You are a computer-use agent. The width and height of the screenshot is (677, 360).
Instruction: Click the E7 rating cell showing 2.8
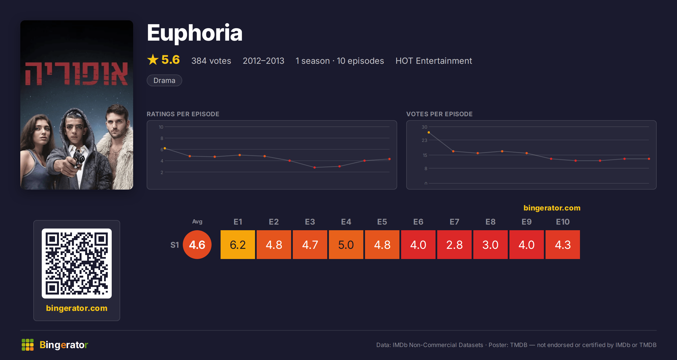click(454, 245)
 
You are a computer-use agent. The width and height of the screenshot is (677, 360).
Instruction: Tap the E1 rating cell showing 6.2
click(238, 245)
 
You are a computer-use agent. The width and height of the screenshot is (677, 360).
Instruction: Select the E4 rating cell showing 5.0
click(346, 245)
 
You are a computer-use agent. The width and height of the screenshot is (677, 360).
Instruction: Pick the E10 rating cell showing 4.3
click(563, 245)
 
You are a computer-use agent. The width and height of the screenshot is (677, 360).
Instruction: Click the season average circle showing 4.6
click(197, 245)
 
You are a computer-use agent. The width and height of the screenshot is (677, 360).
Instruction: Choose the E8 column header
click(491, 222)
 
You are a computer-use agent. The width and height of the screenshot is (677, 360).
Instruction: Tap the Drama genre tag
click(164, 80)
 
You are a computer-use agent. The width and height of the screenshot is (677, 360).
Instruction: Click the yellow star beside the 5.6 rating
click(153, 60)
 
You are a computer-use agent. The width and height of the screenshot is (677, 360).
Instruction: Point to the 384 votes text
click(211, 61)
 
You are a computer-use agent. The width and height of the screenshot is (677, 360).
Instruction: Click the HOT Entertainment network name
click(434, 61)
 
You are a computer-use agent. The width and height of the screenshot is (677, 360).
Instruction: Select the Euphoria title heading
click(195, 33)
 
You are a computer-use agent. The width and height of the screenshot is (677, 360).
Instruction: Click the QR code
click(77, 264)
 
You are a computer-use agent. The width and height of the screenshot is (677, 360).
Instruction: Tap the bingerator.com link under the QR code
click(77, 308)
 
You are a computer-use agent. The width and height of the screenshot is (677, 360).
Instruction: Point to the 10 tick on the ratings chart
click(161, 127)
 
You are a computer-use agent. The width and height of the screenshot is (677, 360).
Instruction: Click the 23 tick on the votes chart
click(425, 140)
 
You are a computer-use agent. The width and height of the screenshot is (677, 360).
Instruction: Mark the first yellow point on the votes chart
click(429, 132)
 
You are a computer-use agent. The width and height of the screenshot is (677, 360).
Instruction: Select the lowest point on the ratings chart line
click(315, 168)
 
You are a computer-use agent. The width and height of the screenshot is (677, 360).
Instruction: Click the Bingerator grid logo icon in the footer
click(28, 345)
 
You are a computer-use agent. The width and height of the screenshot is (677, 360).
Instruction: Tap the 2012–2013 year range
click(263, 61)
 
